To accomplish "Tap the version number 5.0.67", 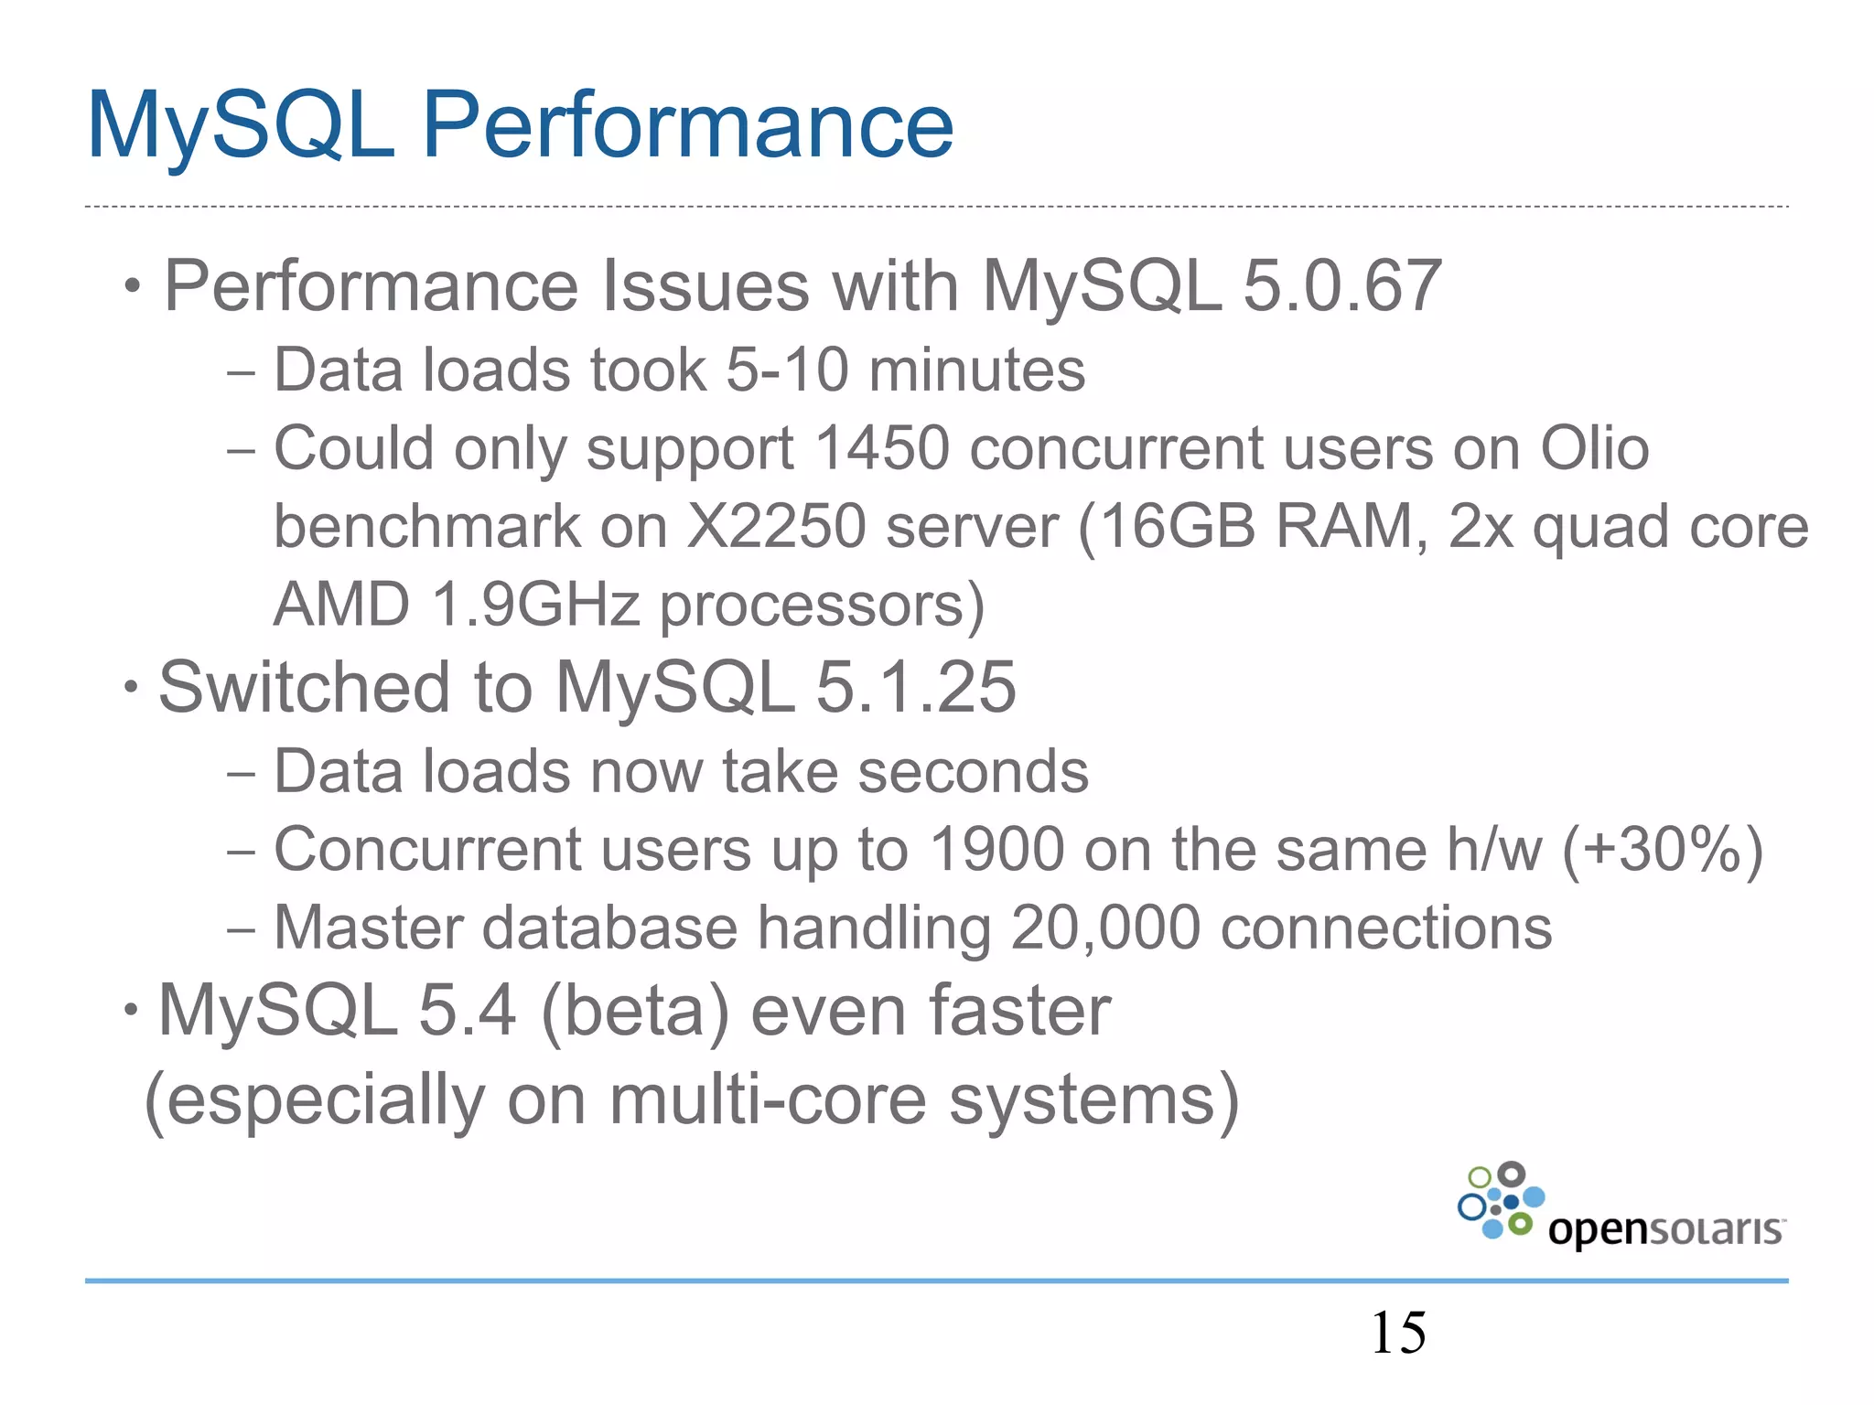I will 1341,286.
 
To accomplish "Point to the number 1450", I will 881,448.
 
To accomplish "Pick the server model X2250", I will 775,527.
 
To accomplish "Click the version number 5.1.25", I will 915,687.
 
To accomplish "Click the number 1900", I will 996,850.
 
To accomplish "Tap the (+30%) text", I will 1662,850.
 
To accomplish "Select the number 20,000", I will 1104,928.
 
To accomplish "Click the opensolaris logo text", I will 1664,1229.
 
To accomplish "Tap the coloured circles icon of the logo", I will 1501,1200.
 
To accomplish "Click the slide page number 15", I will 1397,1333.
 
